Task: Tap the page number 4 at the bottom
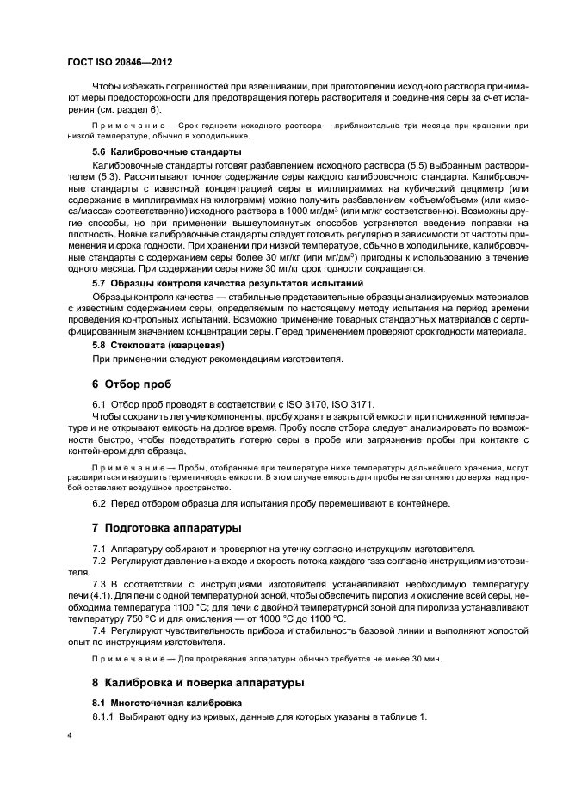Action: pyautogui.click(x=70, y=735)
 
